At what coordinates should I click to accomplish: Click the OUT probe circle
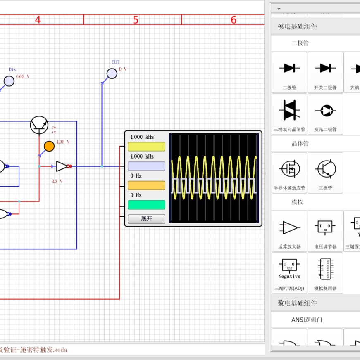112,73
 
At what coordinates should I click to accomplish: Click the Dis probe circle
9,81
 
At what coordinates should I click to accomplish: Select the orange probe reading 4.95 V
49,146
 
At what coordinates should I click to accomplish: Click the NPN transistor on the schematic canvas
39,125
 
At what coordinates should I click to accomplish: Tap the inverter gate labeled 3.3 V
62,166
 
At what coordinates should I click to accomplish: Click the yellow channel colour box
146,147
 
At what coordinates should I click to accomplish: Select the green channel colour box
146,205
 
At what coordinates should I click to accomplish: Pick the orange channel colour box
146,185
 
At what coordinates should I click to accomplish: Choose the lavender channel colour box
146,166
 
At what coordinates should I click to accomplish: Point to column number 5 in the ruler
136,20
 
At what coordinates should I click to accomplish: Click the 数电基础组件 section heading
297,303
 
